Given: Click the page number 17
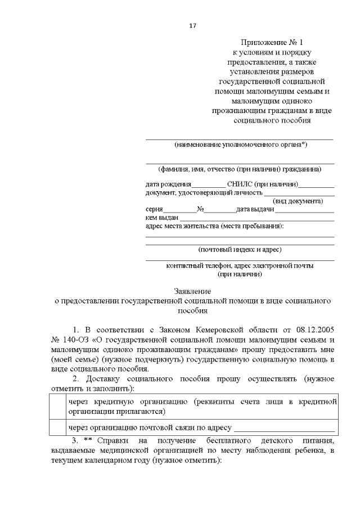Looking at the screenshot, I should (192, 26).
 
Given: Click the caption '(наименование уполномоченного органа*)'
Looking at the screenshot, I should (240, 145).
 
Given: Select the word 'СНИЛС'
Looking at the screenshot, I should (240, 184).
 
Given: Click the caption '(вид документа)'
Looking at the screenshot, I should (298, 200).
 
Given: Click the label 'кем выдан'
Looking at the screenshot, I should (162, 217).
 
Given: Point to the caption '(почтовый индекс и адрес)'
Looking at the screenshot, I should (240, 249).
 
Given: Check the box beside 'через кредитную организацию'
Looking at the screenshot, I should (56, 407).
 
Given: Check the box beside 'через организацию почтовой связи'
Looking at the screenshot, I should (56, 427).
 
